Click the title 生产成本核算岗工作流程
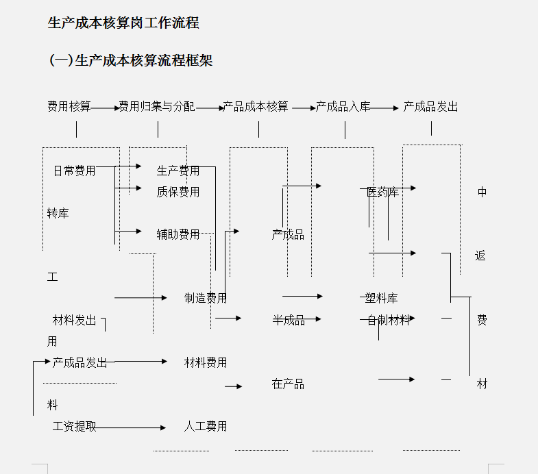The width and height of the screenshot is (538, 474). click(x=123, y=23)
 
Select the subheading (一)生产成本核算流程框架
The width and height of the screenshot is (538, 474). click(x=131, y=60)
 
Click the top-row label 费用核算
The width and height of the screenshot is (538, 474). click(x=69, y=107)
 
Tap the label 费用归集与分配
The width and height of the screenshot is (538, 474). click(x=157, y=107)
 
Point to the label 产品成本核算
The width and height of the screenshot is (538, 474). click(x=256, y=107)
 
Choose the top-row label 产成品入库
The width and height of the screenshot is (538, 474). click(x=343, y=107)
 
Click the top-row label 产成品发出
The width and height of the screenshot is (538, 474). click(x=430, y=107)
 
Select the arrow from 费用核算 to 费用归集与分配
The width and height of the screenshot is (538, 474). click(x=105, y=108)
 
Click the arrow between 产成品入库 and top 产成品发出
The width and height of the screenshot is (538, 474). click(x=385, y=108)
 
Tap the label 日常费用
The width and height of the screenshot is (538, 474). click(x=74, y=171)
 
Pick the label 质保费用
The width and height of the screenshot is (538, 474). click(x=178, y=192)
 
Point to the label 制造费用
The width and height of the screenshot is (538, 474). click(x=206, y=298)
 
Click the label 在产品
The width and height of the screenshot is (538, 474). click(x=288, y=384)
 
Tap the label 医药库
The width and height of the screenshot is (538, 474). click(x=382, y=192)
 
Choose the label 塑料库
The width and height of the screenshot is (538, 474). click(x=381, y=298)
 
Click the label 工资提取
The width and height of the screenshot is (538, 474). click(x=74, y=427)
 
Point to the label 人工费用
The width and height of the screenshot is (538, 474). click(x=206, y=427)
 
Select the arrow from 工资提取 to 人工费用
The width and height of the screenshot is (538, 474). click(x=130, y=428)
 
